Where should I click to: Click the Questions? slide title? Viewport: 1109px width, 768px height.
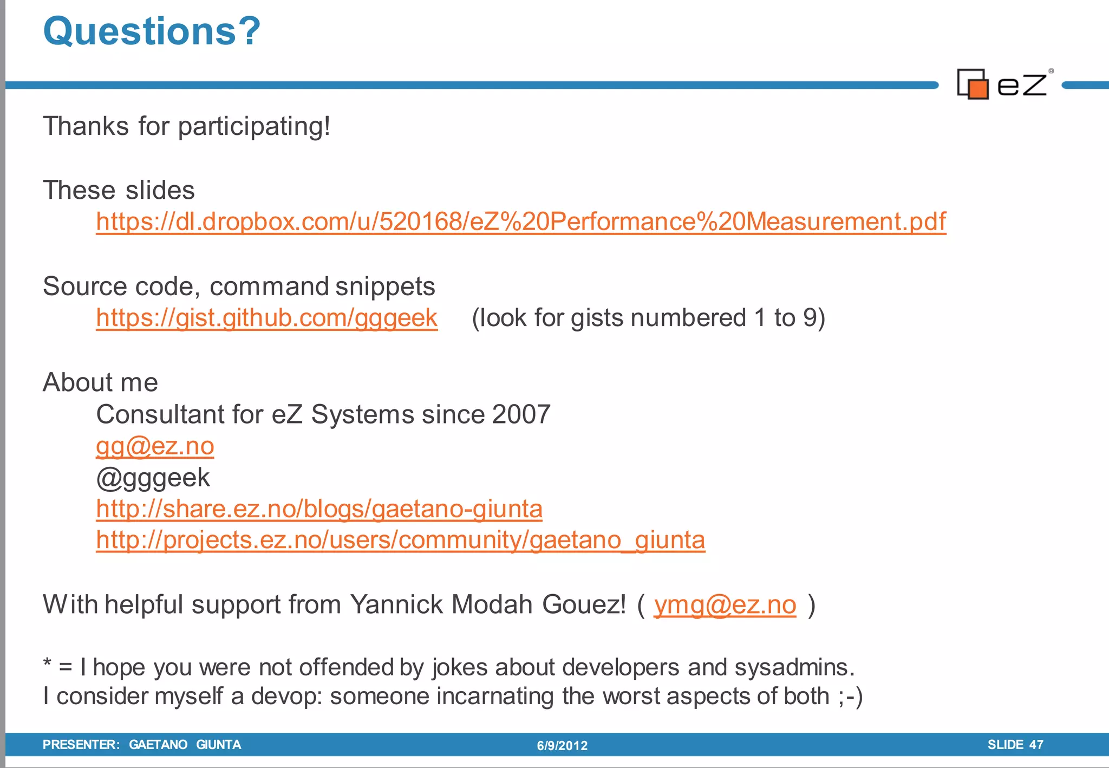(x=152, y=31)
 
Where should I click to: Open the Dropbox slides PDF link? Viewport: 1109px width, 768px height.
(x=521, y=222)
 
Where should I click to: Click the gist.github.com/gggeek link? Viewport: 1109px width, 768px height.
(x=266, y=318)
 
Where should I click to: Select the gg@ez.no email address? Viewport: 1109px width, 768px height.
(x=155, y=446)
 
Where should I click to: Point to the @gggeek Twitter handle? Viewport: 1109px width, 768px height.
(x=153, y=478)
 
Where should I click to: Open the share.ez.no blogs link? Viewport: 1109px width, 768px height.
(x=319, y=509)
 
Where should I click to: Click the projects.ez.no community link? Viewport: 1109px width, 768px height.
(x=400, y=540)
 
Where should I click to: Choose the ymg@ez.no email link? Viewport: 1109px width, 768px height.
(x=725, y=605)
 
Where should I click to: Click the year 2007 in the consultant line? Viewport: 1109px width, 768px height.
(x=521, y=414)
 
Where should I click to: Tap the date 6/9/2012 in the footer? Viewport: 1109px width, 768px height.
(x=562, y=746)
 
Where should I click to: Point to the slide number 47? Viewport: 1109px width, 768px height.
(x=1036, y=745)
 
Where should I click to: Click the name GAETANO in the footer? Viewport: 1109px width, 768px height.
(x=158, y=745)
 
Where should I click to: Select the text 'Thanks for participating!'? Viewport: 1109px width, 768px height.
(x=186, y=126)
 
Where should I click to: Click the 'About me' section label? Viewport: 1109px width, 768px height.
(x=100, y=382)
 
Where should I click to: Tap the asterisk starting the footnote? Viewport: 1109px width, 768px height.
(x=48, y=663)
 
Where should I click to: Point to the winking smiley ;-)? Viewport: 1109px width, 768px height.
(x=850, y=697)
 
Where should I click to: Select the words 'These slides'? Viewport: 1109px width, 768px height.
(x=119, y=190)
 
